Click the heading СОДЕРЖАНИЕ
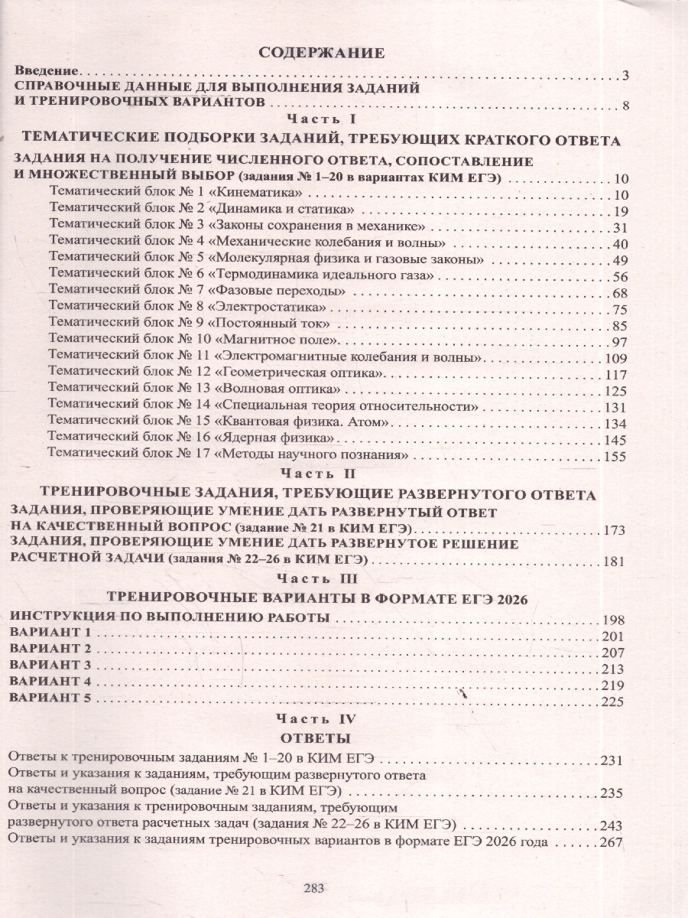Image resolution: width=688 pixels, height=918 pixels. (320, 53)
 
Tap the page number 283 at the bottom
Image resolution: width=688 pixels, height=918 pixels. (314, 888)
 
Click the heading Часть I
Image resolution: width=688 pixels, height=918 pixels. (321, 120)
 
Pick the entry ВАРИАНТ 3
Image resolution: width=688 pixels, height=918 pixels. (49, 665)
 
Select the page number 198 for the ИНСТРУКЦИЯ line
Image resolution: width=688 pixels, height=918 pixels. (613, 620)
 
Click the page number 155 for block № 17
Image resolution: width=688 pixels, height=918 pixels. (613, 457)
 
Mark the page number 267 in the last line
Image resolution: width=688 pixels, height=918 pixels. (612, 842)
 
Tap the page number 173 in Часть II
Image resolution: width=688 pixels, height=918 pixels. (613, 530)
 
